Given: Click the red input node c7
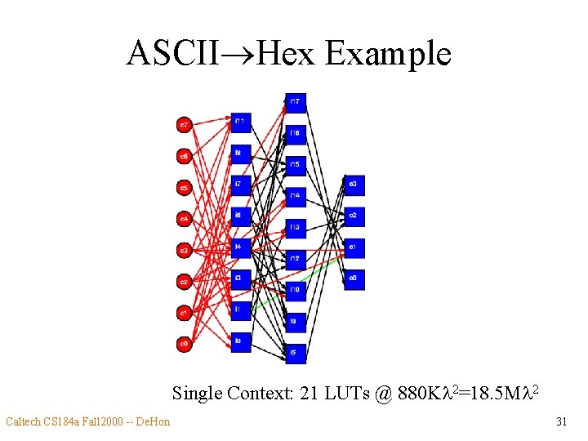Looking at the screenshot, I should click(x=185, y=125).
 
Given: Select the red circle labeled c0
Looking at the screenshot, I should click(x=185, y=345).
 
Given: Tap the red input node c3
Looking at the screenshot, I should click(x=185, y=251).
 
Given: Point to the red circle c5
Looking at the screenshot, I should click(x=185, y=188).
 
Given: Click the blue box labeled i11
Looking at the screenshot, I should click(x=241, y=122).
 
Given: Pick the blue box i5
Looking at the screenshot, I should click(x=296, y=353).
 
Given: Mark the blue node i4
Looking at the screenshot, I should click(x=241, y=247).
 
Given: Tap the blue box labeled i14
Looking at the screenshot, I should click(x=296, y=196).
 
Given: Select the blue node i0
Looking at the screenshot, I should click(x=241, y=341).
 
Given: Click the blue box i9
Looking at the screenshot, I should click(x=296, y=322).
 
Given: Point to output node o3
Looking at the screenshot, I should click(x=354, y=185).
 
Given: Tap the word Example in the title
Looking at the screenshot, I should click(x=388, y=55).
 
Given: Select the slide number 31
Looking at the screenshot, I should click(x=561, y=422).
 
